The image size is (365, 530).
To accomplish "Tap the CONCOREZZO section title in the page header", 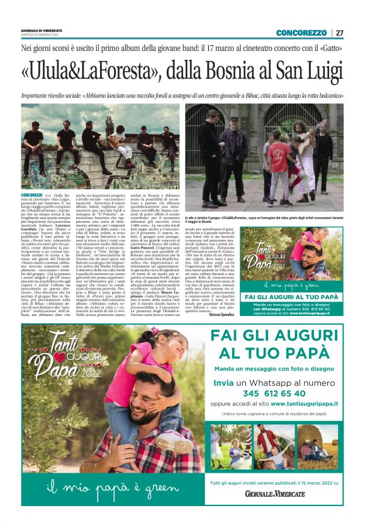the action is tap(301, 33).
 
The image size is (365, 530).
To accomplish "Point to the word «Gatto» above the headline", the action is tap(330, 48).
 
